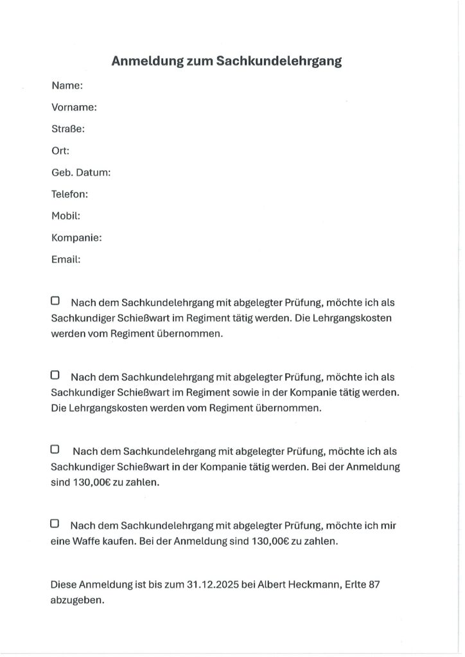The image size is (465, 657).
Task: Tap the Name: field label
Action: pyautogui.click(x=67, y=85)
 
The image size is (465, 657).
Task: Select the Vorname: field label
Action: pyautogui.click(x=74, y=107)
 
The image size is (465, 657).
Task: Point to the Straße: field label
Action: pyautogui.click(x=68, y=129)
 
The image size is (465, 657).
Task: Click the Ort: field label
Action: pyautogui.click(x=60, y=151)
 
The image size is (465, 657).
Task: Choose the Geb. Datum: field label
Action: pyautogui.click(x=81, y=173)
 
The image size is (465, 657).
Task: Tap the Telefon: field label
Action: pyautogui.click(x=69, y=194)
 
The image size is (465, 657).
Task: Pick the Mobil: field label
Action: pyautogui.click(x=66, y=216)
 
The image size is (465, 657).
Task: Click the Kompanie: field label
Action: pyautogui.click(x=76, y=237)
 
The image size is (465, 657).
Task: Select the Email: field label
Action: pyautogui.click(x=66, y=259)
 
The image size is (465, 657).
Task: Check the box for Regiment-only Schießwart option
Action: pyautogui.click(x=55, y=300)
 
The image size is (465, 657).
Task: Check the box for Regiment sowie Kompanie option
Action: pyautogui.click(x=55, y=375)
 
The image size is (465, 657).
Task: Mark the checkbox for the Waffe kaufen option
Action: pyautogui.click(x=55, y=524)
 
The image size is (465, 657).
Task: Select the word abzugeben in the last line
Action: pyautogui.click(x=77, y=601)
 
